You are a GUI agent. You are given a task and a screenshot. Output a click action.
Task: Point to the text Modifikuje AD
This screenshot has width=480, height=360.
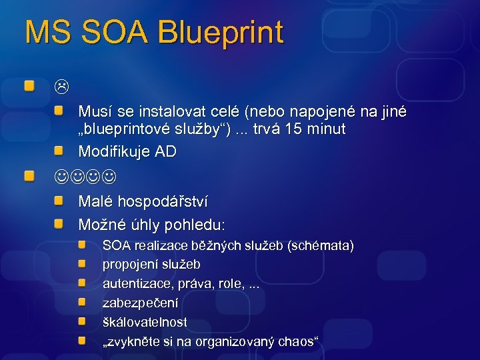127,151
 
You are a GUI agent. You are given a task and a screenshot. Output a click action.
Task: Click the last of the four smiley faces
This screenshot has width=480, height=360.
108,177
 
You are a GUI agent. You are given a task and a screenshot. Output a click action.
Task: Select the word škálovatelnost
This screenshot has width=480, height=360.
144,322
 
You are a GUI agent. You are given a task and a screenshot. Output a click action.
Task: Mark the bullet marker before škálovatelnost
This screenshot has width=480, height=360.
81,321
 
